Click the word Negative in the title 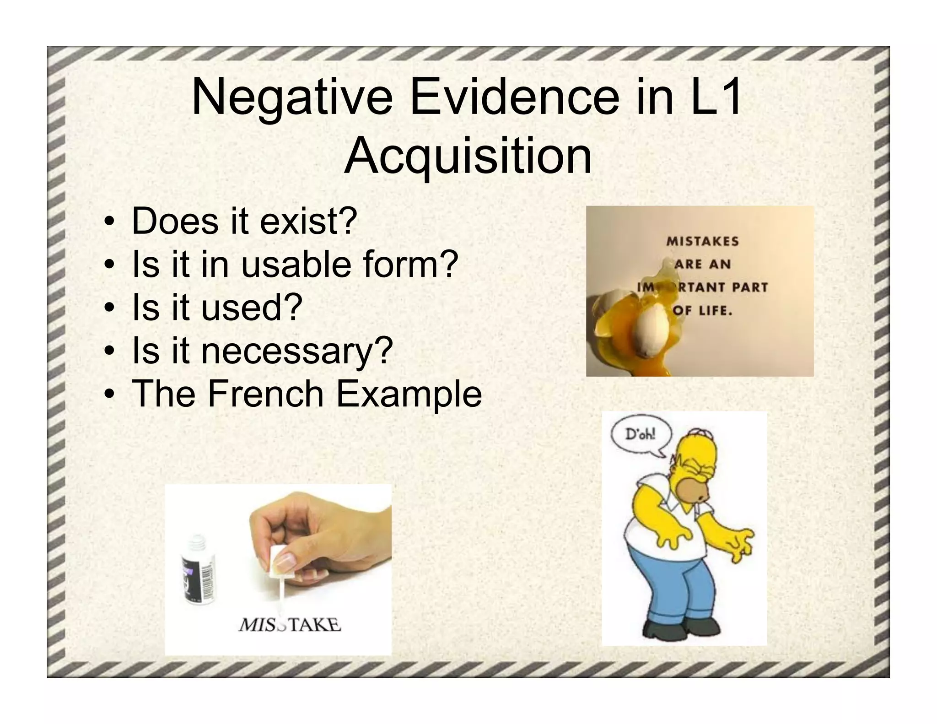coord(292,98)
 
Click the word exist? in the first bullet coord(308,222)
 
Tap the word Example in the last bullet coord(409,394)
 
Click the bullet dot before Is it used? coord(109,308)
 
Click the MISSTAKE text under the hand coord(290,625)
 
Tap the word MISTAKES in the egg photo coord(702,241)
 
